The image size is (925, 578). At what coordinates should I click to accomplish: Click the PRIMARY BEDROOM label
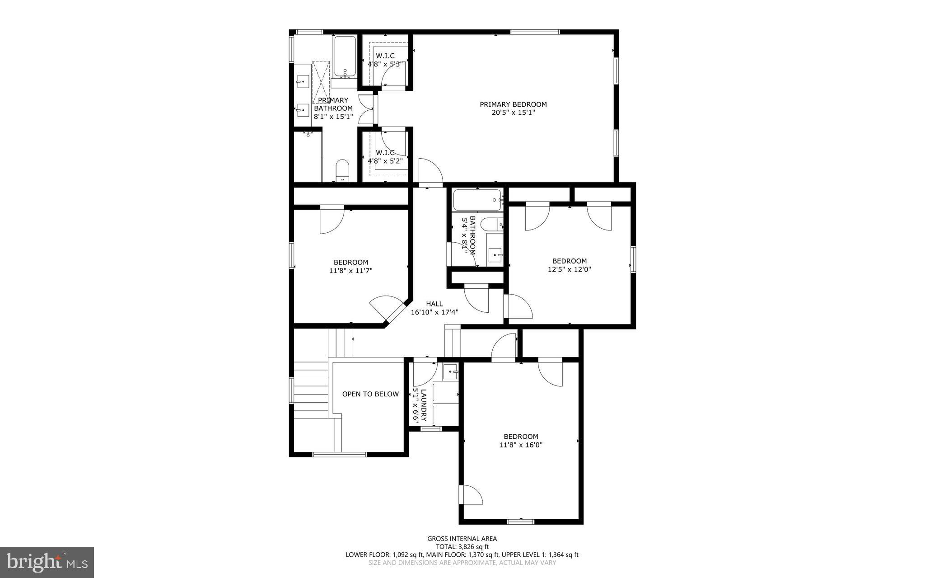pos(513,104)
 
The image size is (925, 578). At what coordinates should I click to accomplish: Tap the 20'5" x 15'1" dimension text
pos(513,113)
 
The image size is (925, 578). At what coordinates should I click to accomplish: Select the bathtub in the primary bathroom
pos(345,57)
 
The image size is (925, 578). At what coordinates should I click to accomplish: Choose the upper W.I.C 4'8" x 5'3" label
pos(385,60)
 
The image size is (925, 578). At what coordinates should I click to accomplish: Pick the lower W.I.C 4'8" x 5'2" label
pos(385,156)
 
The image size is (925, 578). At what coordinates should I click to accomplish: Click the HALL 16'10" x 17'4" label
pos(434,308)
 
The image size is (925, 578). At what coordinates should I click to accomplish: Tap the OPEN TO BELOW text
pos(370,394)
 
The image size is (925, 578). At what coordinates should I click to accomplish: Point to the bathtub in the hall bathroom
pos(477,199)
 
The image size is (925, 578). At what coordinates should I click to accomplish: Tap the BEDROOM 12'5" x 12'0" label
pos(569,265)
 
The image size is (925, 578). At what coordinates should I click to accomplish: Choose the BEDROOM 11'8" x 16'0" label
pos(521,440)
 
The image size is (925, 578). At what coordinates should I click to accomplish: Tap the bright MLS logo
pos(47,562)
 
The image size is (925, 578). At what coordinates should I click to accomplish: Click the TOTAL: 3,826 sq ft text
pos(462,546)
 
